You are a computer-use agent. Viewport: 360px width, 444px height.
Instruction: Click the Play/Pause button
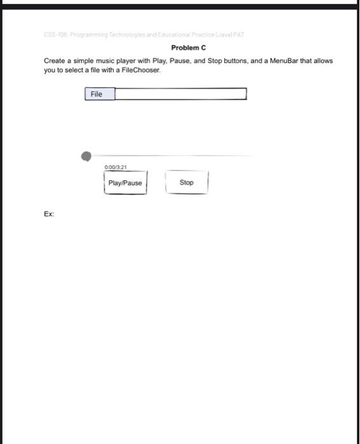(125, 183)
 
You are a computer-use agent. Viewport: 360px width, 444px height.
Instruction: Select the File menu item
(97, 94)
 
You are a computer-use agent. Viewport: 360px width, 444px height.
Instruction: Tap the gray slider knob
(86, 156)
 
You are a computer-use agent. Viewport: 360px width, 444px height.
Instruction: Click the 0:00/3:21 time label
(116, 167)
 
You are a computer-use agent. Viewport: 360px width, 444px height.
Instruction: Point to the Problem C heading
(189, 48)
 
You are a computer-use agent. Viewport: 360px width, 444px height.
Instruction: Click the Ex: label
(49, 214)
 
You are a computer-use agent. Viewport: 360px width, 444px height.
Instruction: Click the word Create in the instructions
(55, 61)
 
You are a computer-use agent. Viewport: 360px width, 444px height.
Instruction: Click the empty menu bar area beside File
(180, 94)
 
